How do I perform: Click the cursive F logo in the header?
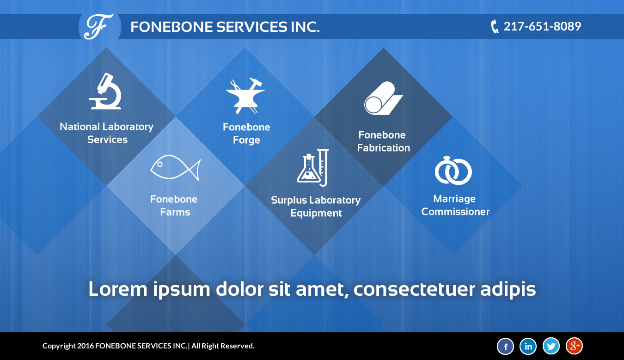pyautogui.click(x=99, y=27)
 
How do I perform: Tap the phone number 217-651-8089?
pyautogui.click(x=542, y=26)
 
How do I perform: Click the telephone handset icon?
pyautogui.click(x=495, y=27)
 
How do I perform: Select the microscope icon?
pyautogui.click(x=105, y=91)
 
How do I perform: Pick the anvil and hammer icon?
pyautogui.click(x=245, y=96)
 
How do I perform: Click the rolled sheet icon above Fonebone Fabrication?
pyautogui.click(x=384, y=98)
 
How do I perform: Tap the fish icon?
pyautogui.click(x=176, y=168)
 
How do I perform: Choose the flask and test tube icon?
pyautogui.click(x=313, y=168)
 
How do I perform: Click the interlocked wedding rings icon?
pyautogui.click(x=453, y=171)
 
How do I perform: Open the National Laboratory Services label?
pyautogui.click(x=107, y=133)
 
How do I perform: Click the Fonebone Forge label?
pyautogui.click(x=246, y=134)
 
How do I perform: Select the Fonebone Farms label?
pyautogui.click(x=174, y=206)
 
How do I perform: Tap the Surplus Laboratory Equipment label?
pyautogui.click(x=316, y=207)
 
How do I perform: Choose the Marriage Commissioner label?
pyautogui.click(x=455, y=205)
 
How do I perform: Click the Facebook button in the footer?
pyautogui.click(x=505, y=346)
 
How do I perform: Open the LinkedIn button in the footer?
pyautogui.click(x=528, y=346)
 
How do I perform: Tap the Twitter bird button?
pyautogui.click(x=551, y=346)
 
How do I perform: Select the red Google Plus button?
pyautogui.click(x=574, y=346)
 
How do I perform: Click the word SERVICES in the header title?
pyautogui.click(x=251, y=27)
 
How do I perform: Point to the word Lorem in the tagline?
pyautogui.click(x=118, y=289)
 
